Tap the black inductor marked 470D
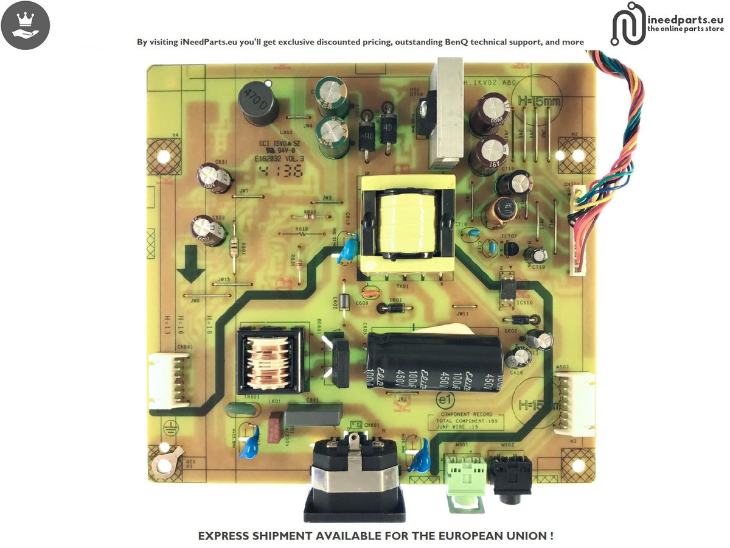pyautogui.click(x=258, y=105)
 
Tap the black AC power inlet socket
pyautogui.click(x=355, y=481)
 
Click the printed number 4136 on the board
pyautogui.click(x=281, y=170)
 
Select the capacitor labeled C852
pyautogui.click(x=209, y=230)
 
